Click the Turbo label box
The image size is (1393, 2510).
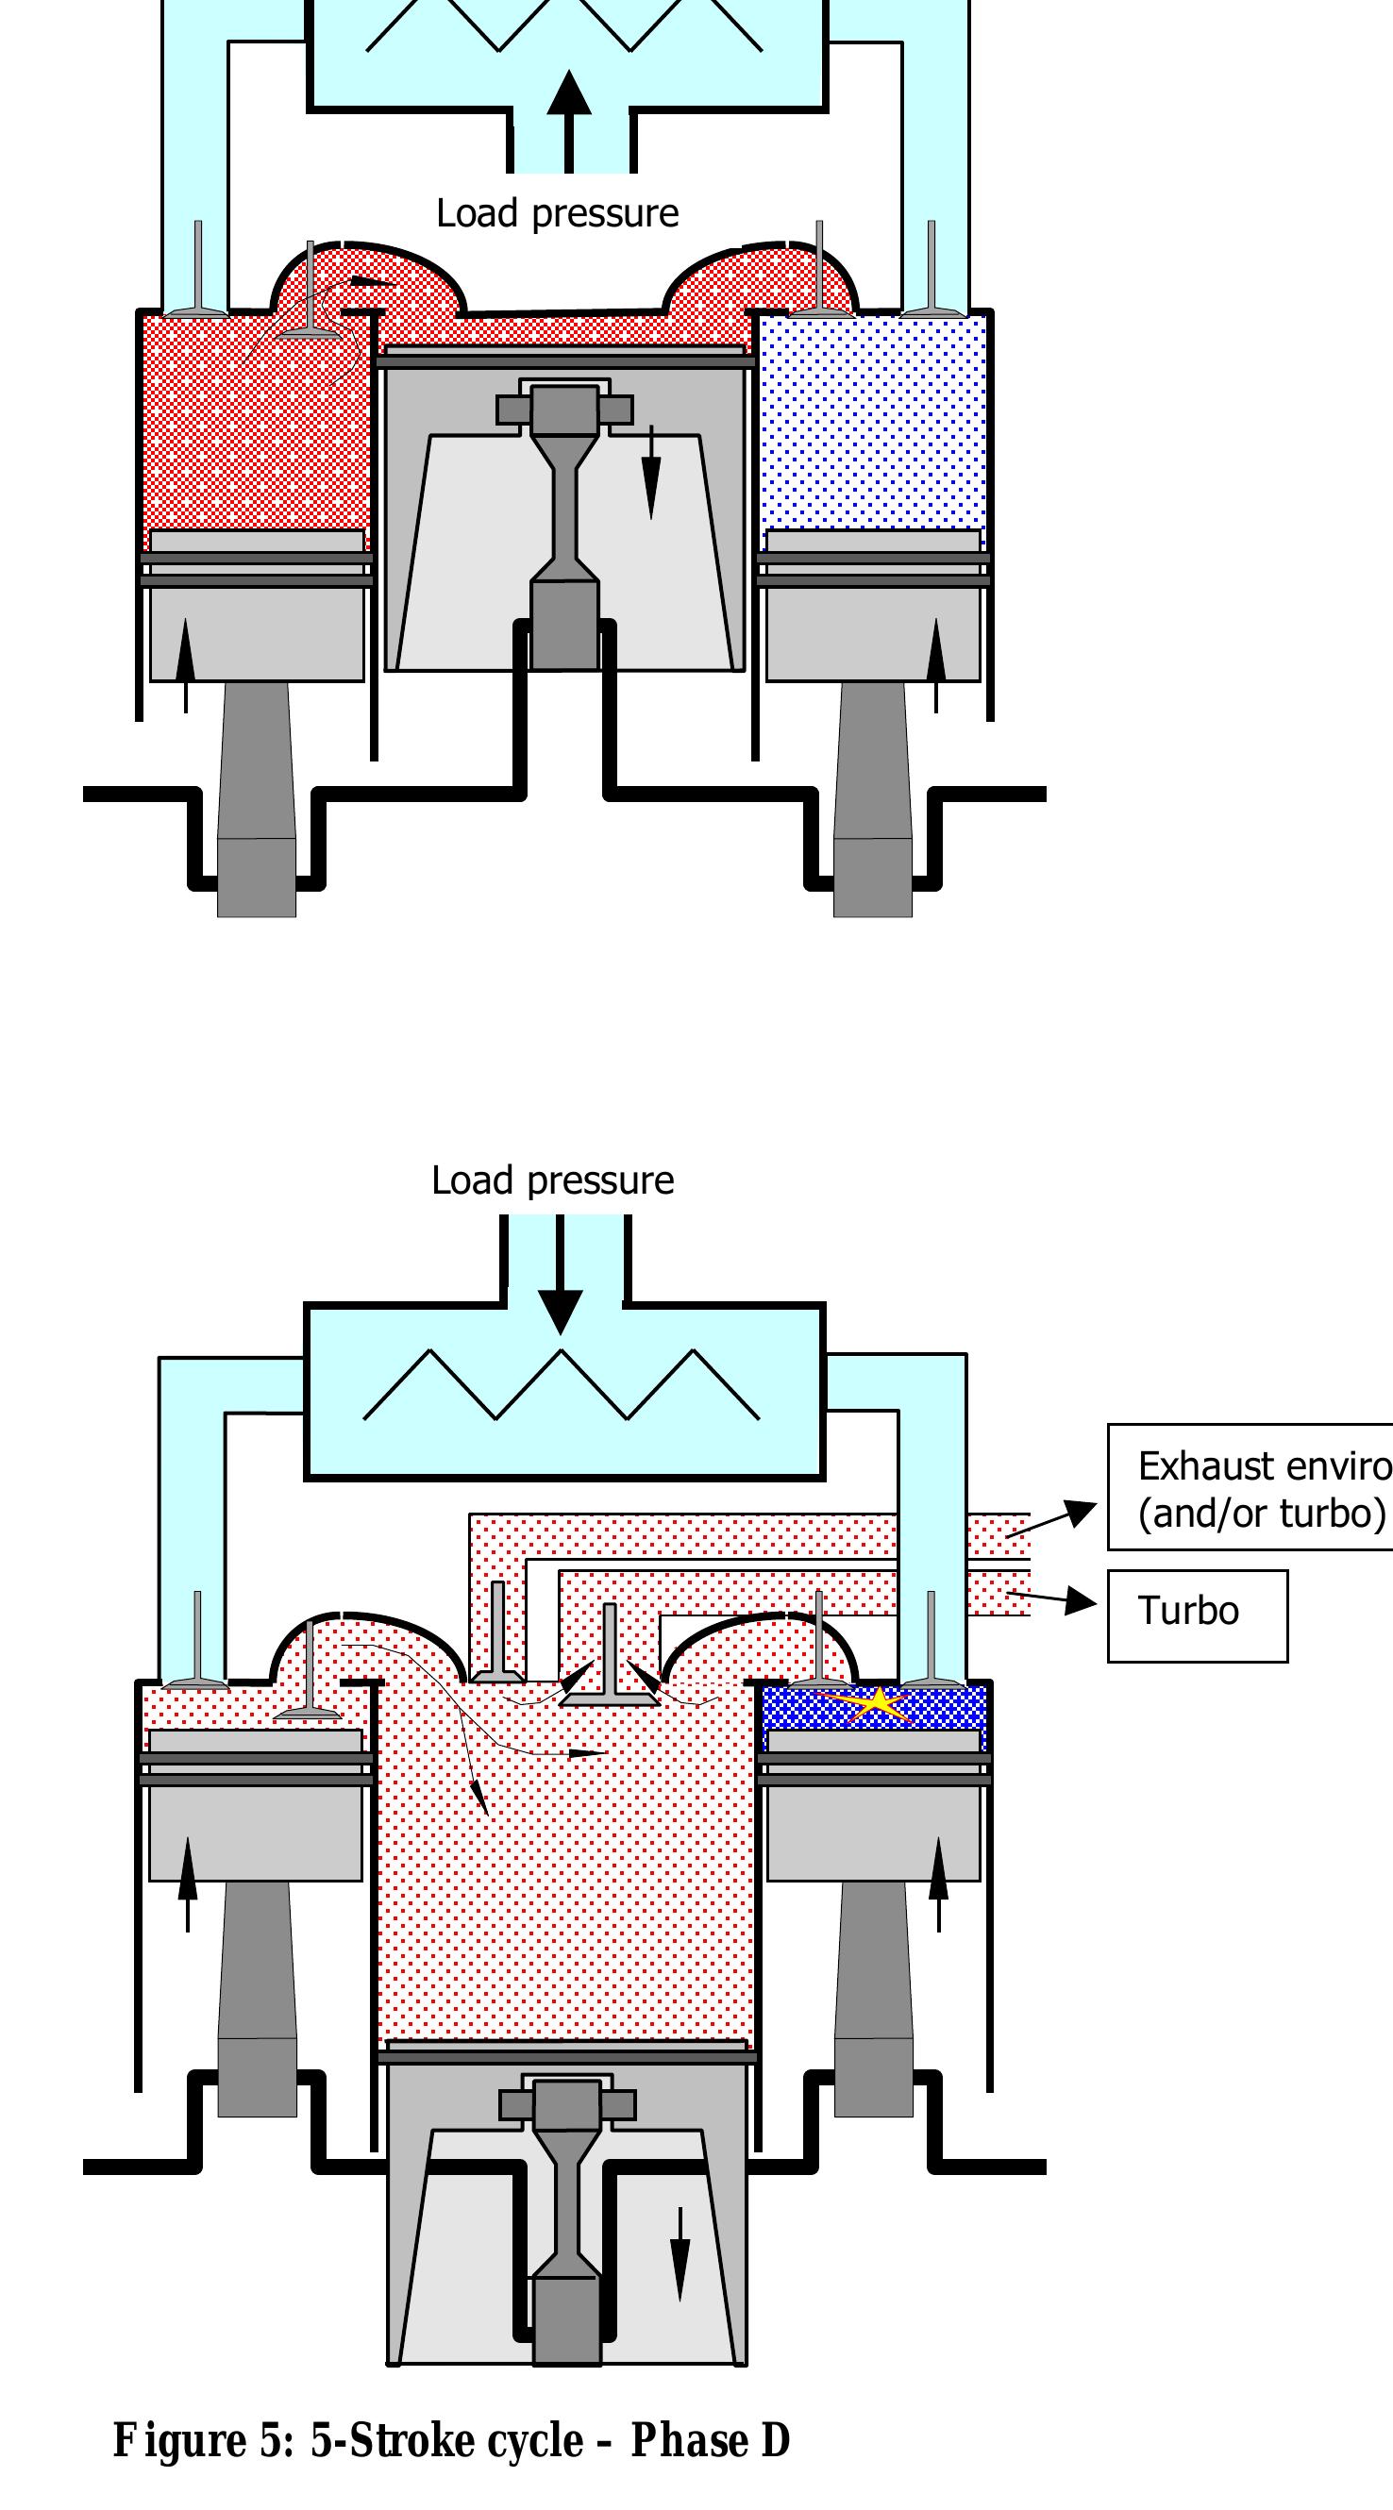tap(1196, 1615)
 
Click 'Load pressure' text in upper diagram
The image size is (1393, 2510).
tap(557, 213)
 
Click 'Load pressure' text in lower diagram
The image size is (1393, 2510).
tap(553, 1180)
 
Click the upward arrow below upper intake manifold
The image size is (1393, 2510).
tap(569, 117)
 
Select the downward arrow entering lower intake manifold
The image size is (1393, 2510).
tap(560, 1277)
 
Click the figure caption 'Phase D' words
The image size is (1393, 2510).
tap(710, 2441)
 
